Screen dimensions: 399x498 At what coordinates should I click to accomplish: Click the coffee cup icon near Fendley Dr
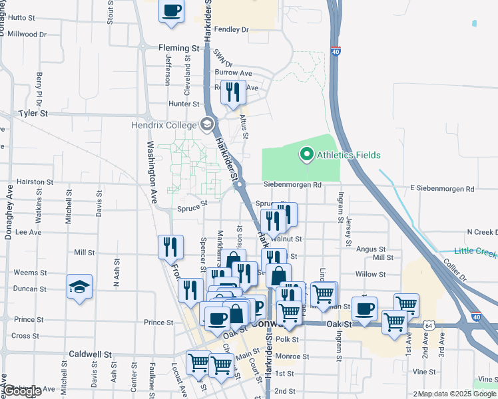coord(172,11)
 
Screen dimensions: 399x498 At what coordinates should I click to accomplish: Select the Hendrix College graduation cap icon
coord(207,124)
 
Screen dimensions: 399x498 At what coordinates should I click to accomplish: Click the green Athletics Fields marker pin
coord(306,155)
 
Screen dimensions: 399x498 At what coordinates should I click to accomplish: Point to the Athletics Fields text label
coord(348,156)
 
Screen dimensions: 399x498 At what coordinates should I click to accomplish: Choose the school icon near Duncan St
coord(80,287)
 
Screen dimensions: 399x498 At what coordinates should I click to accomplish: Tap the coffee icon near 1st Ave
coord(364,309)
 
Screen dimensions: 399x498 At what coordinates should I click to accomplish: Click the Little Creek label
coord(476,251)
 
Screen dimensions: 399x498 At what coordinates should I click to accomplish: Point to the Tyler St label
coord(34,114)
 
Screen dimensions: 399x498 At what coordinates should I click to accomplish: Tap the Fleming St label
coord(179,49)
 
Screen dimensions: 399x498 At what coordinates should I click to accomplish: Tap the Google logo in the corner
coord(22,391)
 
